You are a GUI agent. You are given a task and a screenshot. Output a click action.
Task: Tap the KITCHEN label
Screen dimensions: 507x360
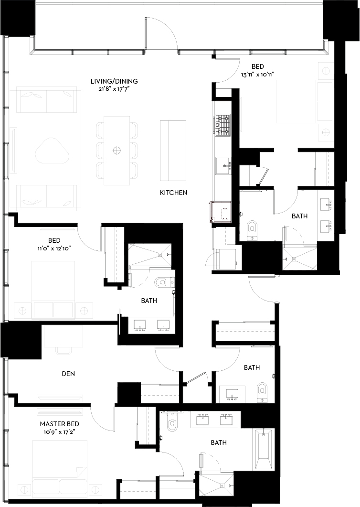173,193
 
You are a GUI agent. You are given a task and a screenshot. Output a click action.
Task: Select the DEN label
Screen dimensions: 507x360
68,374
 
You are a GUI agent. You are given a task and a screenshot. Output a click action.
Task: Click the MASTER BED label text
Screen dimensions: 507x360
59,424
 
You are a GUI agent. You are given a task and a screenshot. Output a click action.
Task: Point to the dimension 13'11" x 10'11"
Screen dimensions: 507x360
258,74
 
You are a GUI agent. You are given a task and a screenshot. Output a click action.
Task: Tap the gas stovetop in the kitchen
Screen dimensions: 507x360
222,123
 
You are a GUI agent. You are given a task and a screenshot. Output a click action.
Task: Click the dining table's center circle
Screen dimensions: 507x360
116,151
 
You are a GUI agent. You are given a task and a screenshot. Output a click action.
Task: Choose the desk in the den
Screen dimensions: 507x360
64,337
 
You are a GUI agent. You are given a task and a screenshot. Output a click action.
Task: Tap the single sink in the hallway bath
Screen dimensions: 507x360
233,394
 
